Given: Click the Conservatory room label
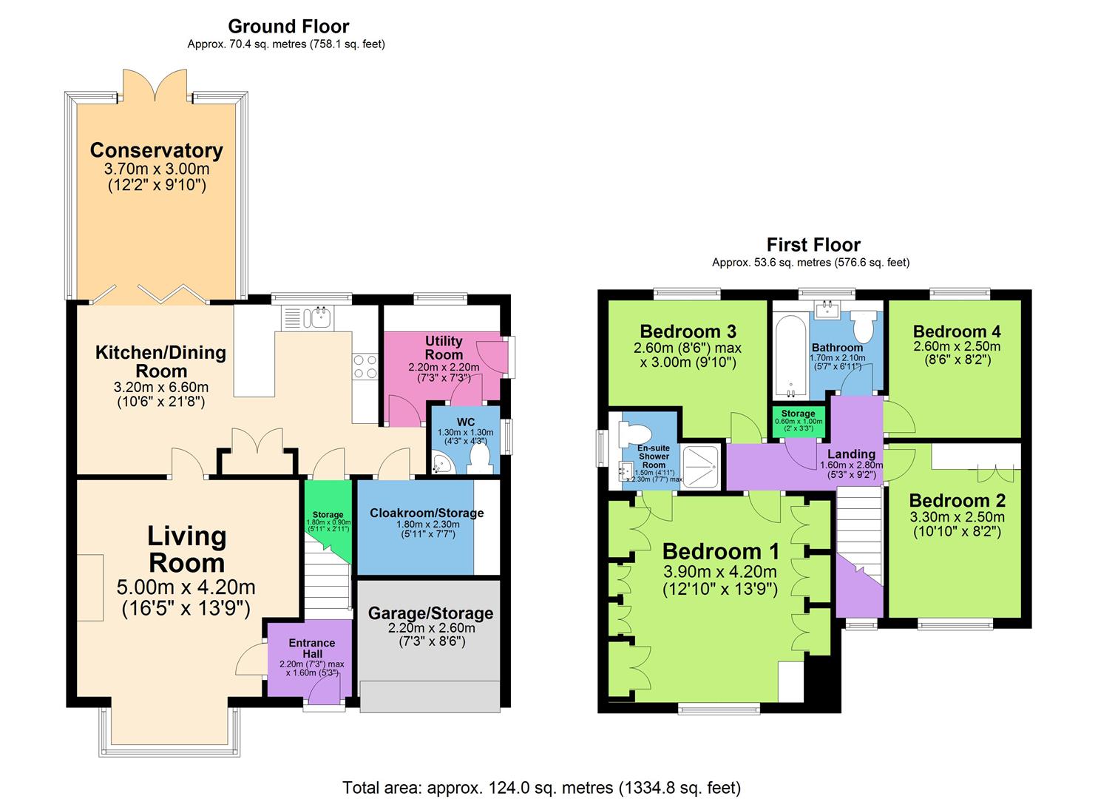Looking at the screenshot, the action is (x=156, y=150).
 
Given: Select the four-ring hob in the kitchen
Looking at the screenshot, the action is (x=365, y=367).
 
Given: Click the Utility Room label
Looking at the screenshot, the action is (x=444, y=347).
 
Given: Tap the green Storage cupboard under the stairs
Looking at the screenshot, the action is (x=328, y=520).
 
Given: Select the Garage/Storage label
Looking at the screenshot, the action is (x=430, y=613).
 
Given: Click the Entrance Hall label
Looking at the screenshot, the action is (x=312, y=648).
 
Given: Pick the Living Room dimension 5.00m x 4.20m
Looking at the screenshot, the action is (x=186, y=587).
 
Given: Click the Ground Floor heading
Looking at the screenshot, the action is (x=288, y=26).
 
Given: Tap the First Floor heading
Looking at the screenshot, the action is (x=813, y=244).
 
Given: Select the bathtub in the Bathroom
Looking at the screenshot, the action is (x=790, y=357).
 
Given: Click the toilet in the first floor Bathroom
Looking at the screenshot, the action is (x=864, y=326).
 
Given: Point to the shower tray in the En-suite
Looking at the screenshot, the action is (x=701, y=467).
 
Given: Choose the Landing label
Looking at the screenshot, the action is (x=852, y=454).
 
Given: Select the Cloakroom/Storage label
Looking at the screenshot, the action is (x=427, y=513).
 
